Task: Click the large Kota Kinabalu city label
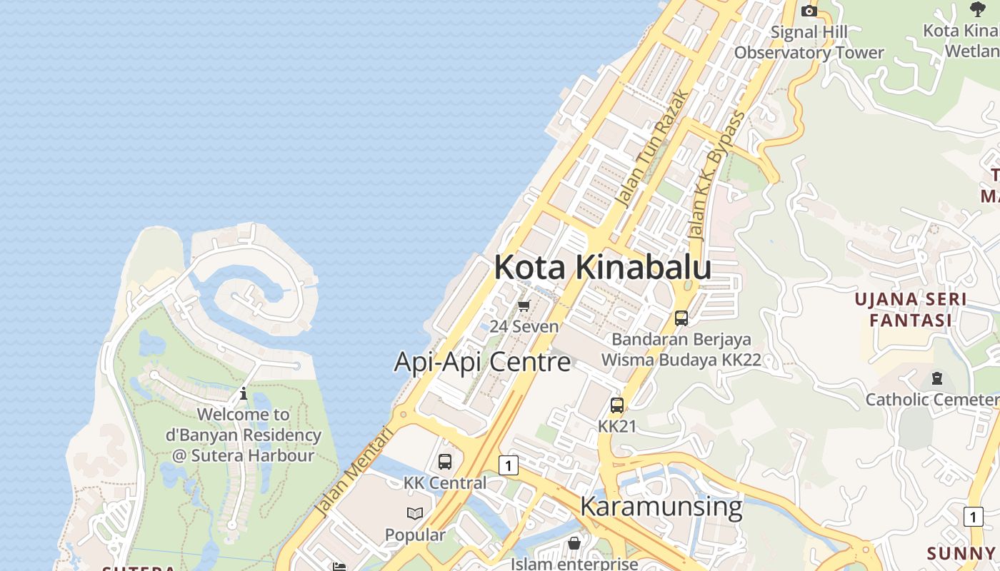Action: [x=602, y=268]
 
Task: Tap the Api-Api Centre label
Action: [x=482, y=362]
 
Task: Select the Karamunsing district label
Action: [x=661, y=506]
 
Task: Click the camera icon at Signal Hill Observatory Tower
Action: [x=809, y=11]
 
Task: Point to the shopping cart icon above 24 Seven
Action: [x=524, y=306]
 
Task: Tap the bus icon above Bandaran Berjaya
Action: [x=681, y=318]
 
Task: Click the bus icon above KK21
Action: [x=616, y=405]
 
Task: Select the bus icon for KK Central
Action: [x=444, y=462]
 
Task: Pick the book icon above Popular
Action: [x=415, y=513]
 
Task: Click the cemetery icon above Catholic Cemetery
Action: [x=936, y=378]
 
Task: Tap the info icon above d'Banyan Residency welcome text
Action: [x=243, y=393]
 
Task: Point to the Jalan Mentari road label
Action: [x=355, y=472]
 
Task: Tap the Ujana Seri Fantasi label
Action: [x=911, y=310]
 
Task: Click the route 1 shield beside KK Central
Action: [x=508, y=465]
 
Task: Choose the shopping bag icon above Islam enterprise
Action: [x=574, y=544]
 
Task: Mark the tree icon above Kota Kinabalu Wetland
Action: [x=978, y=9]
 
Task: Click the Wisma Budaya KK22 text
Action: [x=681, y=360]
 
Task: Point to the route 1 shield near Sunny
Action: [x=973, y=517]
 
